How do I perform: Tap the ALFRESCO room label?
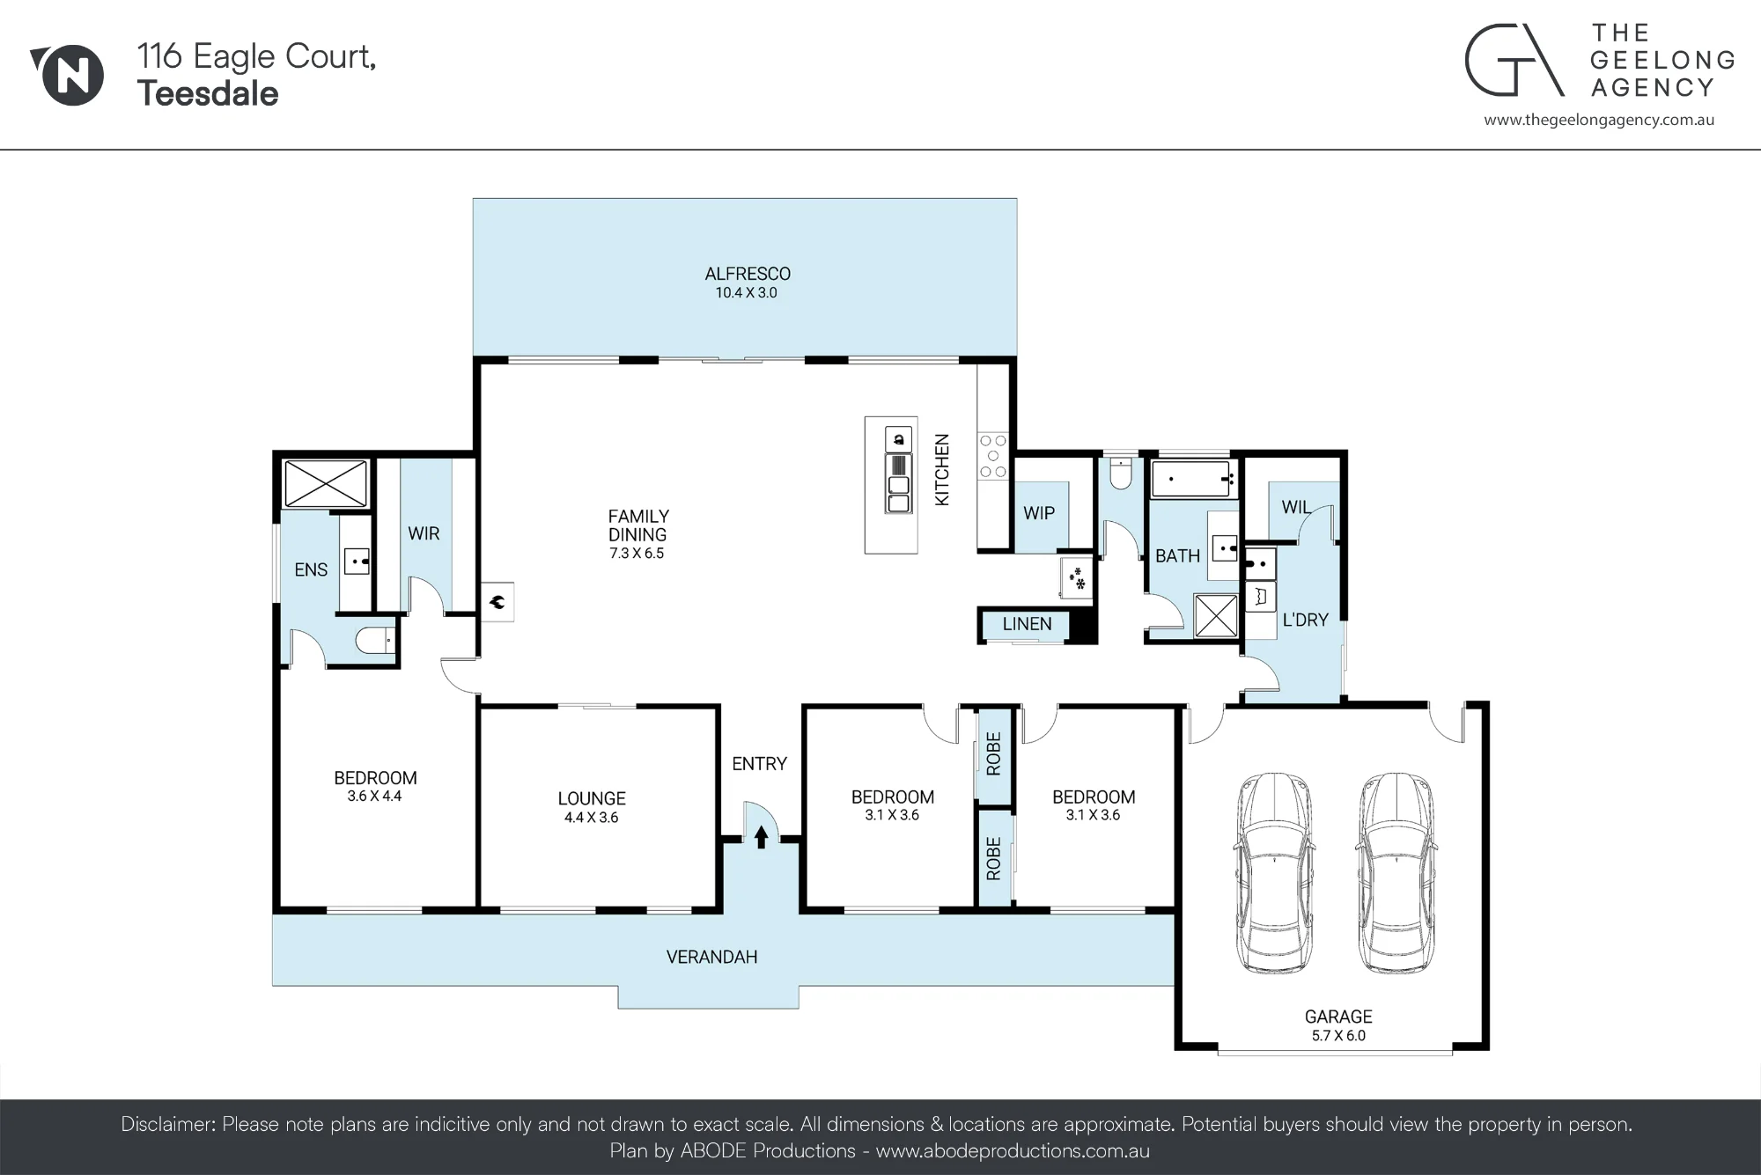click(x=748, y=274)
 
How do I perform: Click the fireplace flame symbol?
click(x=497, y=603)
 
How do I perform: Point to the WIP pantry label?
click(x=1039, y=513)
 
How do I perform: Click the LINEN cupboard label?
click(x=1027, y=624)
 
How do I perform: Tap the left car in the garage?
click(x=1274, y=873)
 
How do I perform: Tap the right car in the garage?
click(x=1396, y=873)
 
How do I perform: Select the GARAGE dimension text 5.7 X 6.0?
click(x=1338, y=1036)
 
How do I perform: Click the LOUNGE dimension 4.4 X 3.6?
click(x=592, y=818)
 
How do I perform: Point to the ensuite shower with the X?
click(x=326, y=482)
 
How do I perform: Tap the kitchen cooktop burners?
click(x=993, y=456)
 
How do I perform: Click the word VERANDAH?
click(x=711, y=957)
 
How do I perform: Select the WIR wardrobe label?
click(x=424, y=533)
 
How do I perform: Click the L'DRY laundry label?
click(x=1305, y=620)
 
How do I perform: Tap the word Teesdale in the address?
click(x=208, y=93)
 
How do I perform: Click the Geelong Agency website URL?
click(x=1599, y=121)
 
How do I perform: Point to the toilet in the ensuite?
click(x=375, y=640)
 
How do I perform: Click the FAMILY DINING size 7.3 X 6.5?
click(x=637, y=554)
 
